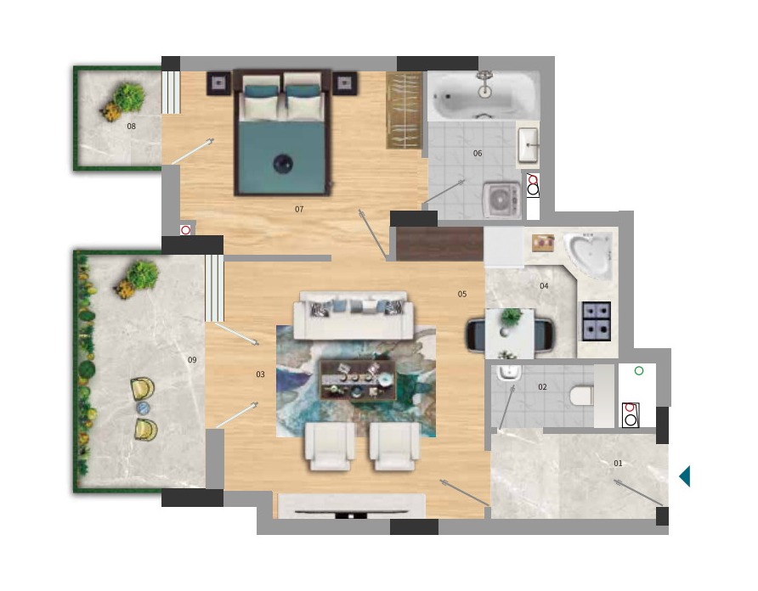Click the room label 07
tap(299, 209)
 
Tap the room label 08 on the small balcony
tap(132, 127)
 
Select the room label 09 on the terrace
tap(192, 359)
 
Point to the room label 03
tap(261, 374)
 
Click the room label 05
tap(462, 294)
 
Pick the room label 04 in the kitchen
tap(544, 286)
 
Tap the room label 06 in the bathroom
tap(478, 153)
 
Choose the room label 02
tap(542, 387)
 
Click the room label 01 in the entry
tap(619, 464)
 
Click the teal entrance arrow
tap(685, 476)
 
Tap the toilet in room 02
tap(581, 396)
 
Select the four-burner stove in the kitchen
tap(597, 321)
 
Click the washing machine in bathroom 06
tap(501, 200)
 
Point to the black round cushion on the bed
tap(283, 163)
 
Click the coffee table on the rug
tap(358, 380)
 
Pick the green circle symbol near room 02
tap(638, 371)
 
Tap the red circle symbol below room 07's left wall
tap(185, 230)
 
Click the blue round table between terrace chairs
tap(143, 408)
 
